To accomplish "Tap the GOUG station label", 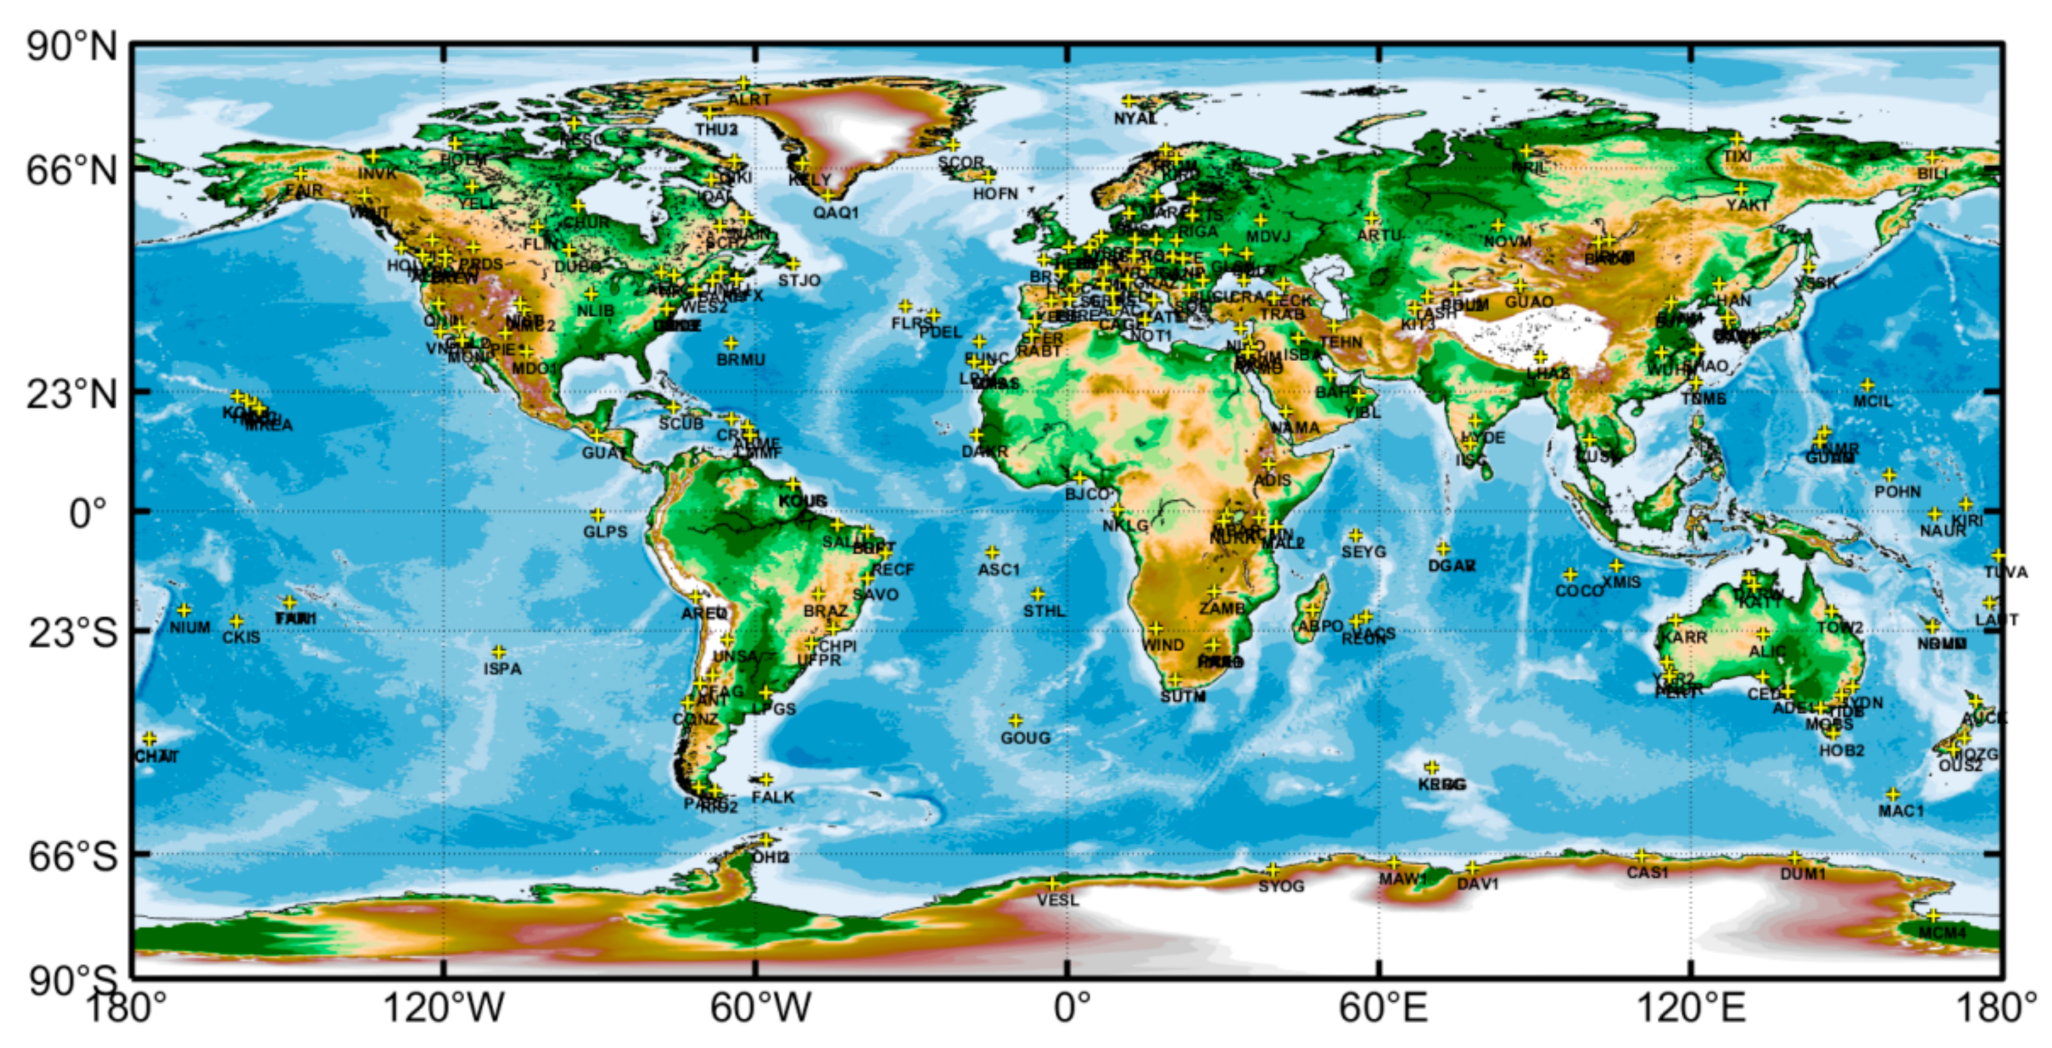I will (1025, 738).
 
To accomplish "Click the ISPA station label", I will (502, 669).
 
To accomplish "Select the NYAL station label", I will (1135, 119).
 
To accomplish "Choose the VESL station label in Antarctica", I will (1058, 901).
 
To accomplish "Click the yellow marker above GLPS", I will (597, 515).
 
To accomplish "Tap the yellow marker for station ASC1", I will (992, 552).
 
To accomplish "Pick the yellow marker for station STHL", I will (1037, 594).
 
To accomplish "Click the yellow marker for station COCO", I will (1570, 574).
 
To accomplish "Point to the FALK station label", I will (773, 797).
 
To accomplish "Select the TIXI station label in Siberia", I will (1737, 157).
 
